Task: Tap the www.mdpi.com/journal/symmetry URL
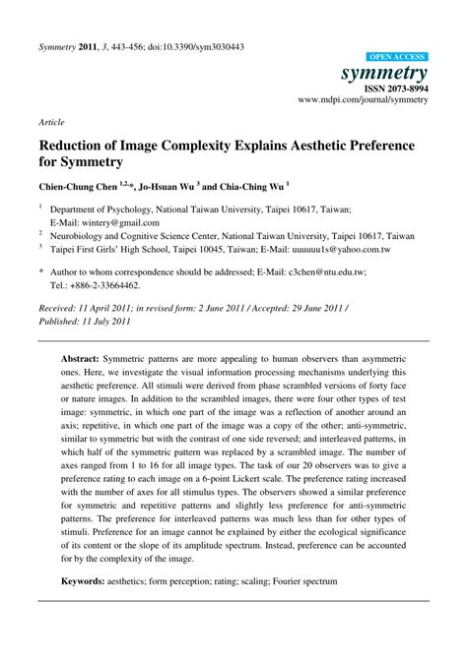tap(363, 100)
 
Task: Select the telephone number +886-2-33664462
tap(102, 284)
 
